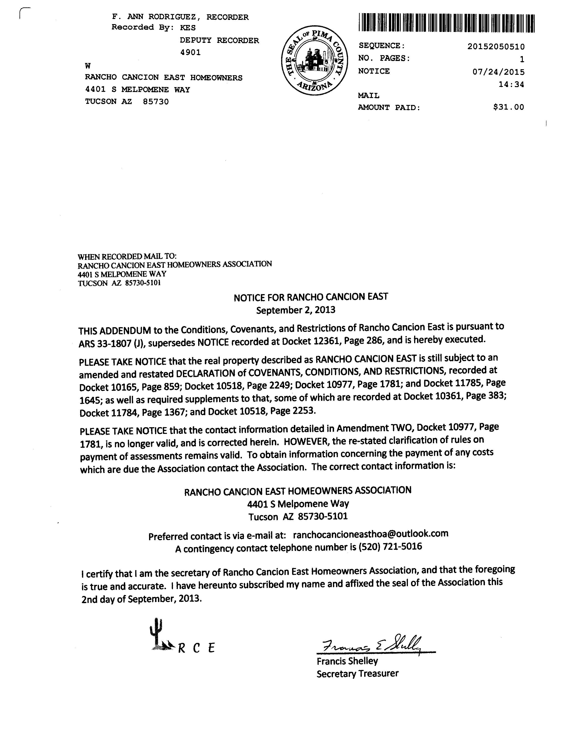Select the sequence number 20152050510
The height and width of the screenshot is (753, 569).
[x=496, y=47]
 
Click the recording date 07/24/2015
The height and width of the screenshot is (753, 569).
[x=498, y=72]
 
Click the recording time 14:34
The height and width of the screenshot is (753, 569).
[x=511, y=84]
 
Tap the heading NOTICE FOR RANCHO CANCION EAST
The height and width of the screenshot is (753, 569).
[x=311, y=297]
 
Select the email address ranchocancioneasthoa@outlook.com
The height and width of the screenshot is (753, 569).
[x=370, y=533]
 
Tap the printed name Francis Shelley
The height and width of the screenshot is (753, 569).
[x=347, y=661]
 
